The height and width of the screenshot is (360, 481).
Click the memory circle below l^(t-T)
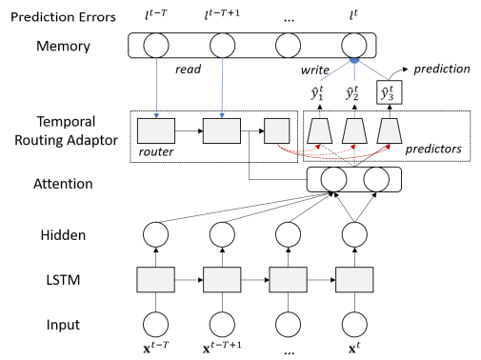[x=155, y=45]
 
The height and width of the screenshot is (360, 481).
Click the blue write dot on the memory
[x=353, y=61]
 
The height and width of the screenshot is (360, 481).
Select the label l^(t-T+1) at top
[x=226, y=13]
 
